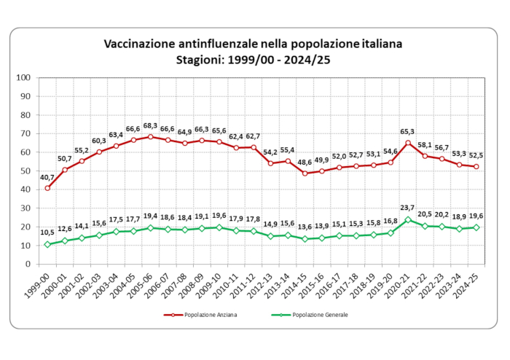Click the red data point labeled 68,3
(x=150, y=136)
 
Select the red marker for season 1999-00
(x=47, y=188)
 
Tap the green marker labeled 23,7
(x=408, y=219)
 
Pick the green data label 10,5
(x=45, y=232)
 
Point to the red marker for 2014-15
(x=305, y=173)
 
